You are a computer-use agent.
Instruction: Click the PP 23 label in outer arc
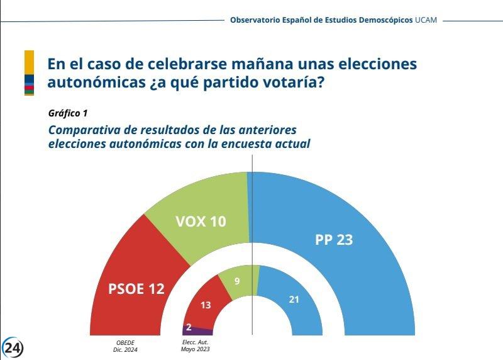(333, 240)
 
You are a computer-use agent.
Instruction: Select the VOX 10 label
(201, 222)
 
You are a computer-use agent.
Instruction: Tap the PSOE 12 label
(136, 289)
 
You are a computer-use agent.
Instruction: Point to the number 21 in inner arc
(294, 300)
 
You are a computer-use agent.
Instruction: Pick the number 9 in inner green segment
(237, 281)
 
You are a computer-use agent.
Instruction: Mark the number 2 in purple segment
(189, 327)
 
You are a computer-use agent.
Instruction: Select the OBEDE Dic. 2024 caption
(126, 346)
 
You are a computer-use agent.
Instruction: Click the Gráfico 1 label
(68, 113)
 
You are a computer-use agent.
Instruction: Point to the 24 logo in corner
(13, 347)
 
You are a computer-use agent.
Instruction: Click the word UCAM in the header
(426, 20)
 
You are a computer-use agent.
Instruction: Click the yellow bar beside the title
(29, 62)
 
